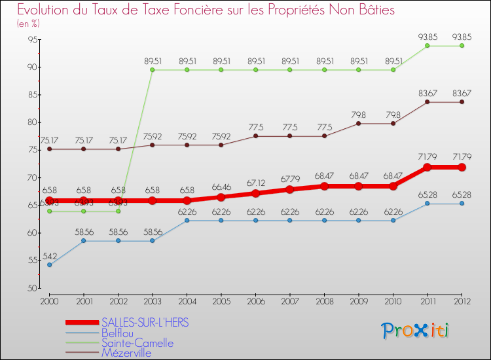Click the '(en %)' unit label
pyautogui.click(x=28, y=24)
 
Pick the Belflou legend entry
pyautogui.click(x=118, y=333)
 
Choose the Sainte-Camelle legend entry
pyautogui.click(x=137, y=343)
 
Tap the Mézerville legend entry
pyautogui.click(x=126, y=353)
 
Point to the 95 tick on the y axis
pyautogui.click(x=32, y=39)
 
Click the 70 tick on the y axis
pyautogui.click(x=32, y=177)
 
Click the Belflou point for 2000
pyautogui.click(x=49, y=265)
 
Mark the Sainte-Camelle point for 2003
pyautogui.click(x=153, y=69)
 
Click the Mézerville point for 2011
pyautogui.click(x=427, y=101)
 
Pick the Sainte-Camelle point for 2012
pyautogui.click(x=462, y=45)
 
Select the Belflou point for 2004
pyautogui.click(x=187, y=221)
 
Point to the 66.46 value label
pyautogui.click(x=221, y=187)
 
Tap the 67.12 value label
pyautogui.click(x=255, y=183)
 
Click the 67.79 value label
pyautogui.click(x=289, y=179)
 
